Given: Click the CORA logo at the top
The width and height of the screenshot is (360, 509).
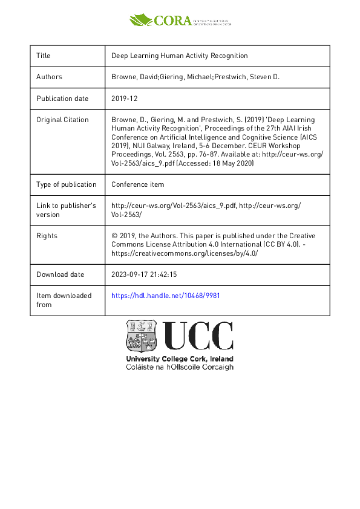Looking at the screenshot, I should pyautogui.click(x=180, y=20).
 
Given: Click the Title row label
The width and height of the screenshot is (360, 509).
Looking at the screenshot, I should pyautogui.click(x=44, y=56).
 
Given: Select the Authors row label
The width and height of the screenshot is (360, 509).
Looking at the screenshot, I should pyautogui.click(x=49, y=77).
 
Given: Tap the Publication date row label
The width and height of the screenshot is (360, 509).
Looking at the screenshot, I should pyautogui.click(x=62, y=99).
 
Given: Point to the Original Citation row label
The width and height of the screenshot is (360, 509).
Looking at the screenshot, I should pyautogui.click(x=62, y=120).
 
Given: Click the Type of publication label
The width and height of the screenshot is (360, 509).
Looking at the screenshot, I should pyautogui.click(x=66, y=184).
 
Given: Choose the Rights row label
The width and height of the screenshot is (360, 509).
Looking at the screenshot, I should pyautogui.click(x=47, y=236).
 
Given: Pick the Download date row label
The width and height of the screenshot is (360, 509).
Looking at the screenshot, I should pyautogui.click(x=60, y=274).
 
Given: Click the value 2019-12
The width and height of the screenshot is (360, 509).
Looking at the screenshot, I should pyautogui.click(x=124, y=99).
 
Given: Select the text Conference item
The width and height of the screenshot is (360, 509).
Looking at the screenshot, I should pyautogui.click(x=137, y=184).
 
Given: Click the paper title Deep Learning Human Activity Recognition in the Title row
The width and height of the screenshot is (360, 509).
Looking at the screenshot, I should pyautogui.click(x=180, y=56).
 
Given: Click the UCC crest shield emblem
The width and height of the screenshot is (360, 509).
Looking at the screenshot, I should pyautogui.click(x=142, y=336).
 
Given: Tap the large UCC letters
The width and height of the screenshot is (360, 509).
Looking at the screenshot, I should pyautogui.click(x=198, y=336).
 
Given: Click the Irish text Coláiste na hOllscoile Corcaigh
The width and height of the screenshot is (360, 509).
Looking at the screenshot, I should pyautogui.click(x=179, y=367).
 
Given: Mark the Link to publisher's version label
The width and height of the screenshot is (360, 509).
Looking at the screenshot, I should pyautogui.click(x=66, y=210).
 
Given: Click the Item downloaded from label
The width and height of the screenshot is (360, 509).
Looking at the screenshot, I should pyautogui.click(x=64, y=300).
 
